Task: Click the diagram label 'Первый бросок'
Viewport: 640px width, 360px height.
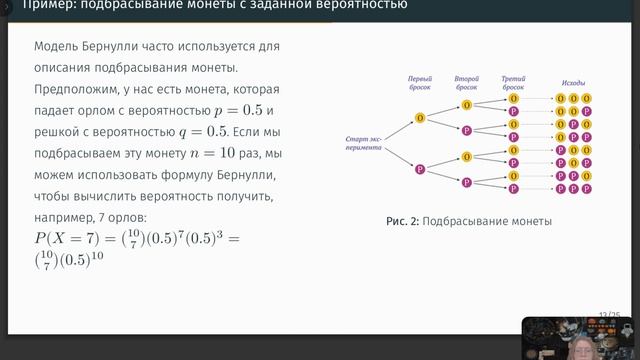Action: tap(419, 82)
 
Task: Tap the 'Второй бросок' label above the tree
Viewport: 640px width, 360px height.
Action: tap(467, 82)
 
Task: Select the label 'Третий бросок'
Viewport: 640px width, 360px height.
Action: tap(514, 82)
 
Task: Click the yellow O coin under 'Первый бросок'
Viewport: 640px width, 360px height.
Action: tap(419, 119)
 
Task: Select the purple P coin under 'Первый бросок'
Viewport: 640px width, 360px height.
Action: tap(419, 169)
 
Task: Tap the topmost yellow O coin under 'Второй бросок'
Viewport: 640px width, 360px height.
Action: tap(467, 106)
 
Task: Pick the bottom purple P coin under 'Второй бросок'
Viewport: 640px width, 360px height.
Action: tap(467, 181)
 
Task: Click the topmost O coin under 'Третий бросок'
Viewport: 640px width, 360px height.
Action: tap(514, 99)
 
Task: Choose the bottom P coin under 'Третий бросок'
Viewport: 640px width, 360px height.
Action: tap(514, 187)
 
